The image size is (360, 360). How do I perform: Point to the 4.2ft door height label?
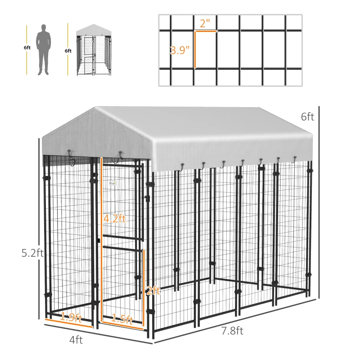(x=114, y=219)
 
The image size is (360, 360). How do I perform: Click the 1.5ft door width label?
(x=122, y=320)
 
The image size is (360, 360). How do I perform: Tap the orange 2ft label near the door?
(x=153, y=291)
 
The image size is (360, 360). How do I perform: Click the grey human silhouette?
(x=44, y=49)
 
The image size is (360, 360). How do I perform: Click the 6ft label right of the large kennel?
(x=307, y=117)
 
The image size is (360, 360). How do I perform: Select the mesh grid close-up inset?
(x=230, y=50)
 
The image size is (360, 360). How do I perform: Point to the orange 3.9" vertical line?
(x=195, y=49)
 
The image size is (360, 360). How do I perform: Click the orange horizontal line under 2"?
(x=206, y=31)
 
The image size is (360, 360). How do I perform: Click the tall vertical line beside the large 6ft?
(x=319, y=202)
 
